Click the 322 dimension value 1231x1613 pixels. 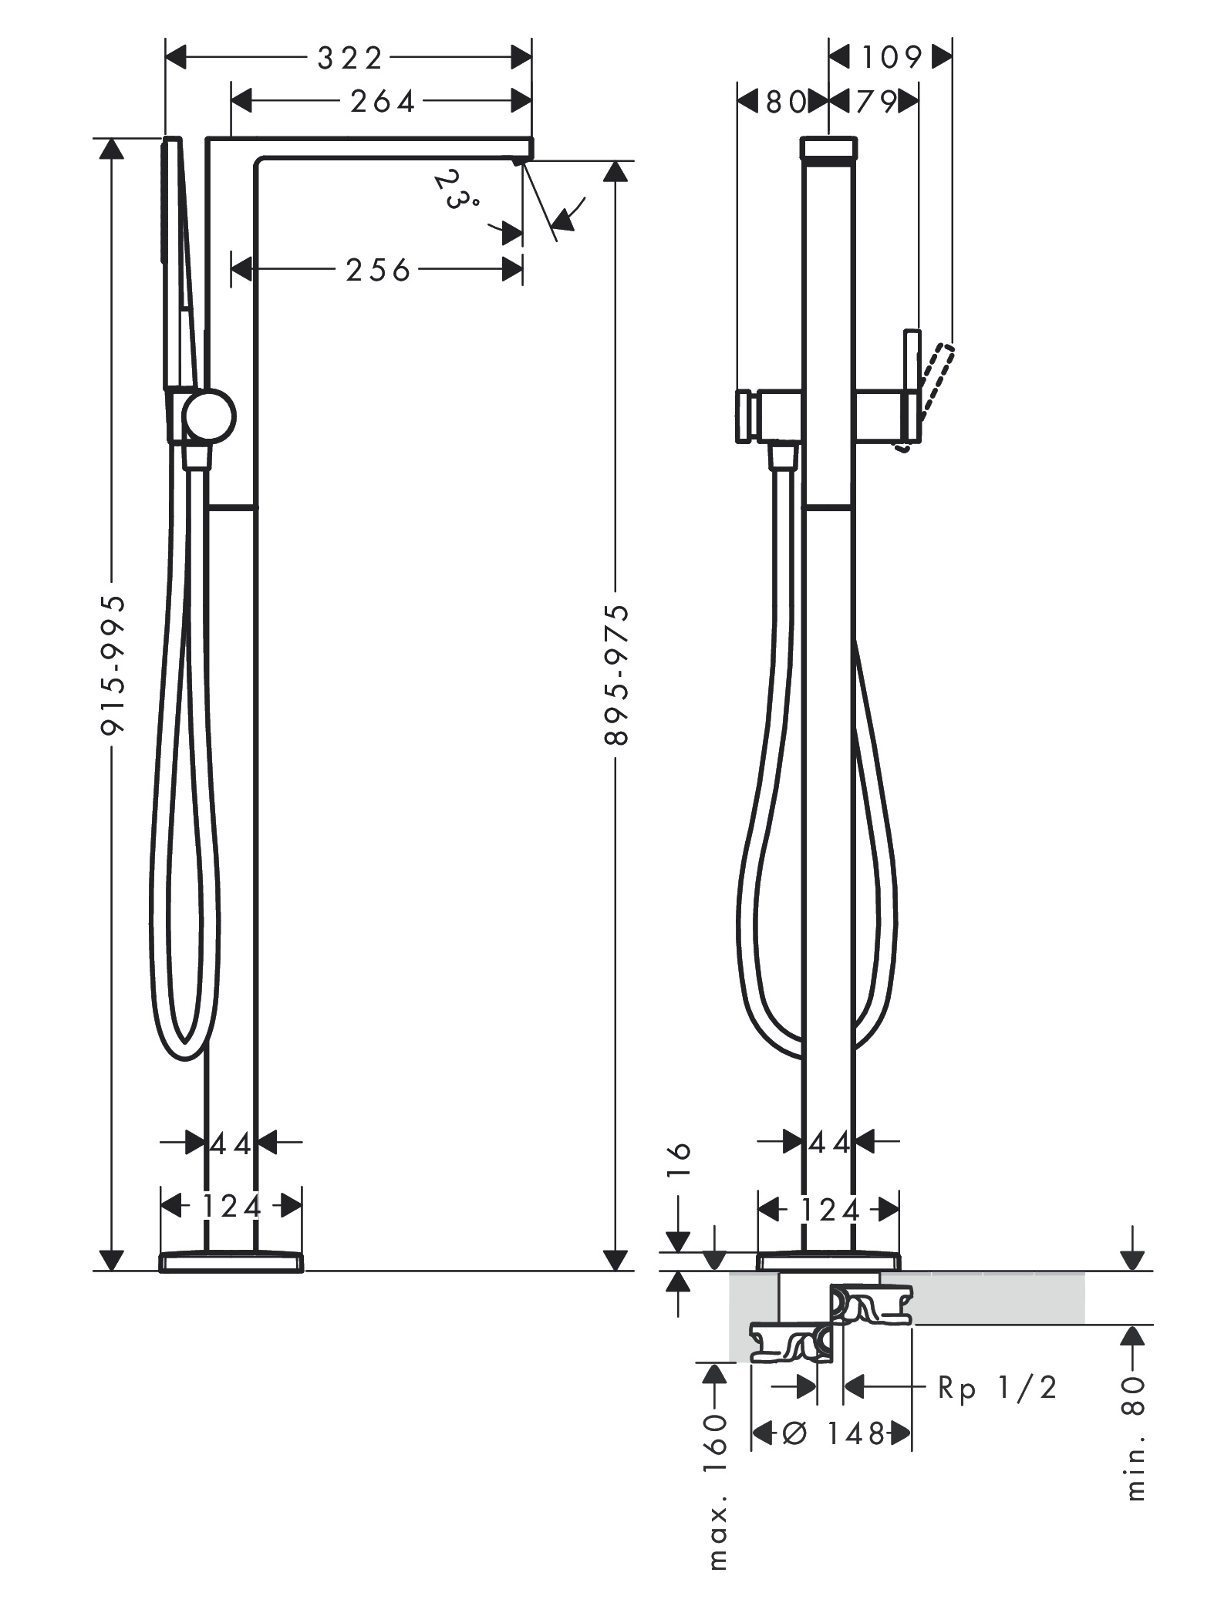coord(349,58)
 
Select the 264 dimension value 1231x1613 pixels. coord(383,101)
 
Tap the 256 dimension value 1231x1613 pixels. coord(378,270)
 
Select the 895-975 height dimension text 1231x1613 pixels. coord(616,675)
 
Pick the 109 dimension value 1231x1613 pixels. coord(892,57)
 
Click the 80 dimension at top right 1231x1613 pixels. coord(785,101)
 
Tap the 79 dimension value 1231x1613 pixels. coord(875,101)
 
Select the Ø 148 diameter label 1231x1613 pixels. coord(832,1433)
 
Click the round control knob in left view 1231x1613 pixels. coord(209,416)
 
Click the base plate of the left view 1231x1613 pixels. coord(231,1261)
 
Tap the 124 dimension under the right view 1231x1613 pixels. coord(829,1211)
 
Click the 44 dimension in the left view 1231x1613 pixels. coord(231,1144)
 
